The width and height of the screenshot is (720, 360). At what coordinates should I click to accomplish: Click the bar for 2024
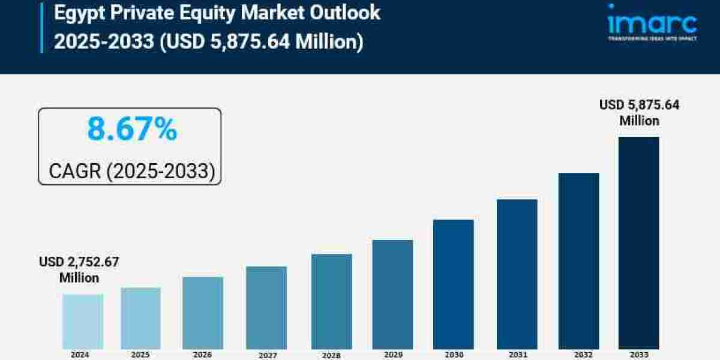pyautogui.click(x=83, y=322)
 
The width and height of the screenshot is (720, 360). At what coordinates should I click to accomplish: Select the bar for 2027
pyautogui.click(x=266, y=308)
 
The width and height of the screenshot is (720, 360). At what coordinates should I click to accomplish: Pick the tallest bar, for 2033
pyautogui.click(x=638, y=243)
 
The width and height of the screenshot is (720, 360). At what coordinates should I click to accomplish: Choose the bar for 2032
pyautogui.click(x=578, y=261)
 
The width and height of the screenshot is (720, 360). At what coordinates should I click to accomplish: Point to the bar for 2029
pyautogui.click(x=392, y=295)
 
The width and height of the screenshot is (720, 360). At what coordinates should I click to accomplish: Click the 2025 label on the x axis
pyautogui.click(x=141, y=355)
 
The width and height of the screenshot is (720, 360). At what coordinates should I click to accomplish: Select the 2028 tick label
pyautogui.click(x=331, y=355)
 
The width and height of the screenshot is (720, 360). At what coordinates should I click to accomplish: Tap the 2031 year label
pyautogui.click(x=517, y=355)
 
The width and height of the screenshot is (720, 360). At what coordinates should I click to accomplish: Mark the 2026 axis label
pyautogui.click(x=203, y=355)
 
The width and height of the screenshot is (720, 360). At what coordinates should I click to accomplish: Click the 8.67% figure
pyautogui.click(x=132, y=129)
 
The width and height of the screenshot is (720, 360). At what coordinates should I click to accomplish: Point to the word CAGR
pyautogui.click(x=75, y=172)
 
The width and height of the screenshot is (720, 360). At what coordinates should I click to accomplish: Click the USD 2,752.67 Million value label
pyautogui.click(x=79, y=270)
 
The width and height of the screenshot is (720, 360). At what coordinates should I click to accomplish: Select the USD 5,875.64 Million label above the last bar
pyautogui.click(x=640, y=113)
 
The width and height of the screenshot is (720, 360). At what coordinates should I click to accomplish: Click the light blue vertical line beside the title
pyautogui.click(x=42, y=26)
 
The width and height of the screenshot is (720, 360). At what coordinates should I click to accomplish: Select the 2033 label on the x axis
pyautogui.click(x=639, y=355)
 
